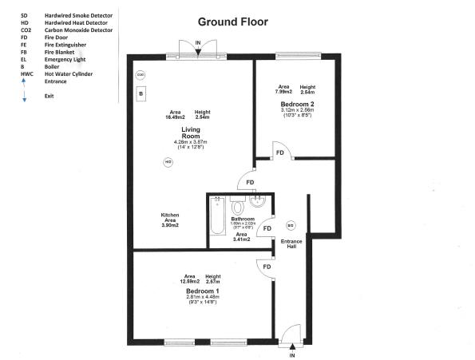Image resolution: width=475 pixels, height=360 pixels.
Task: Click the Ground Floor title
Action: coord(232,22)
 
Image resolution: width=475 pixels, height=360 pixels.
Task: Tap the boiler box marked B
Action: coord(141,94)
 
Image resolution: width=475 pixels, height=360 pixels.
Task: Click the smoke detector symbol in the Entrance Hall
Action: coord(291,224)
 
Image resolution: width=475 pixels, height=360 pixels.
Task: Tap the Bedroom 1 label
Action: coord(203,291)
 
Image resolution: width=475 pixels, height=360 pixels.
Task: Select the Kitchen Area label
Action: coord(169,220)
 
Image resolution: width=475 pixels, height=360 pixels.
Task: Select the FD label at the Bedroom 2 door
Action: coord(280,152)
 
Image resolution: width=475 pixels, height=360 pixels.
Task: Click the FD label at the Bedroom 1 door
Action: coord(267,267)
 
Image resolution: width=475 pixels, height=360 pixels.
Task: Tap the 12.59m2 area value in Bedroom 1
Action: coord(190,282)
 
